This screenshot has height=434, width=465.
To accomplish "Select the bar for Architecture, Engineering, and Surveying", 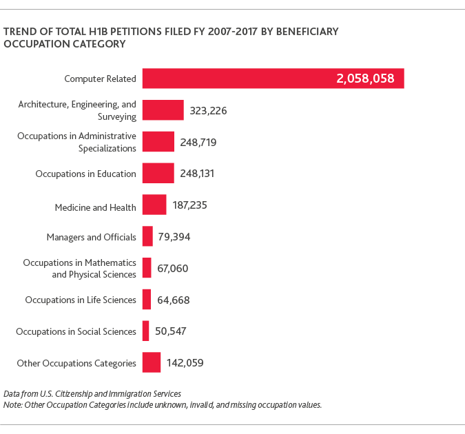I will pyautogui.click(x=163, y=110).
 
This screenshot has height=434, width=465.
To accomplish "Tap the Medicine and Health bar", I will pyautogui.click(x=154, y=205).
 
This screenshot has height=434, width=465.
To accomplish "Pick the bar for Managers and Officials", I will pyautogui.click(x=147, y=236).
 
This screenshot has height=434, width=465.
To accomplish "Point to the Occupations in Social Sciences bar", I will pyautogui.click(x=145, y=331).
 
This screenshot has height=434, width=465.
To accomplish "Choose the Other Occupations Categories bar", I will pyautogui.click(x=152, y=362).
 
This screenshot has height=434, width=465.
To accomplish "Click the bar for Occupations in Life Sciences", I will pyautogui.click(x=147, y=300).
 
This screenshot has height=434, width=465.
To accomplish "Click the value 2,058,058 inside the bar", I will pyautogui.click(x=365, y=79).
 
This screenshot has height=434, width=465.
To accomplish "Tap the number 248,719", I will pyautogui.click(x=198, y=142).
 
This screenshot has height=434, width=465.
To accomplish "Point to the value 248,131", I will pyautogui.click(x=198, y=174).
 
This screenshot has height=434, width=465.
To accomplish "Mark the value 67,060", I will pyautogui.click(x=173, y=268).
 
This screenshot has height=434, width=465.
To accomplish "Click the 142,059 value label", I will pyautogui.click(x=185, y=362).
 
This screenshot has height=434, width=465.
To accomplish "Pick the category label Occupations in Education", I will pyautogui.click(x=85, y=174).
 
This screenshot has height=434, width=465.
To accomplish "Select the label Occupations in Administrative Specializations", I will pyautogui.click(x=76, y=142).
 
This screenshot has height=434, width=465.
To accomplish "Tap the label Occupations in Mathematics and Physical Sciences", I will pyautogui.click(x=79, y=268).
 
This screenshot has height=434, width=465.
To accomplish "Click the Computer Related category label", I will pyautogui.click(x=100, y=79).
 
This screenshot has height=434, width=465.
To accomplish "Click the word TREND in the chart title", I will pyautogui.click(x=19, y=32).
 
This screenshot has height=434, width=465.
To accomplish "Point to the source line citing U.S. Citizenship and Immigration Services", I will pyautogui.click(x=92, y=393).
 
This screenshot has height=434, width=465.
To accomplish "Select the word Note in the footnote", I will pyautogui.click(x=12, y=404).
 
